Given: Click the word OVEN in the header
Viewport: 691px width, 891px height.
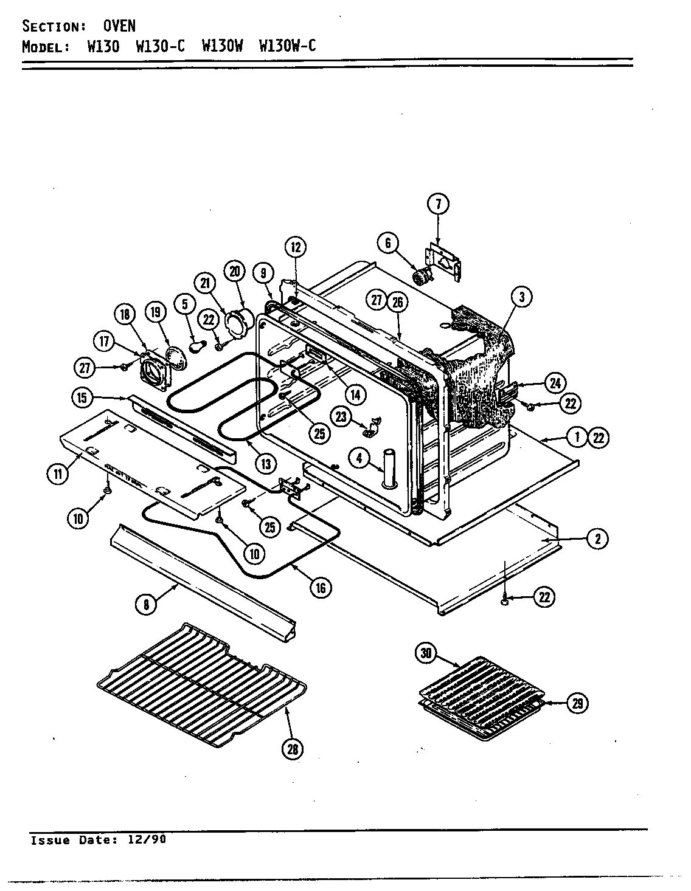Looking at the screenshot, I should click(x=119, y=26).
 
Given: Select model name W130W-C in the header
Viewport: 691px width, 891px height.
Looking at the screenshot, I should click(x=287, y=46).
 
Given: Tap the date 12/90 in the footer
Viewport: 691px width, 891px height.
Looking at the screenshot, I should click(x=146, y=840).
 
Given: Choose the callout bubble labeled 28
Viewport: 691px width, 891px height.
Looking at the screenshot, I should click(x=293, y=749).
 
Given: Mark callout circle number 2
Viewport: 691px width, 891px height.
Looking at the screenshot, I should click(x=597, y=538).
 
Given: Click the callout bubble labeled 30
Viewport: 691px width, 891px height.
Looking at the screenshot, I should click(x=426, y=653).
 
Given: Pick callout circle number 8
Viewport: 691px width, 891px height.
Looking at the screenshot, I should click(x=146, y=605).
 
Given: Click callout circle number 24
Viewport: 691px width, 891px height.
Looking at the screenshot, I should click(x=555, y=383).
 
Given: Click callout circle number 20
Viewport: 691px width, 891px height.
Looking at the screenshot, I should click(x=234, y=270).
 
